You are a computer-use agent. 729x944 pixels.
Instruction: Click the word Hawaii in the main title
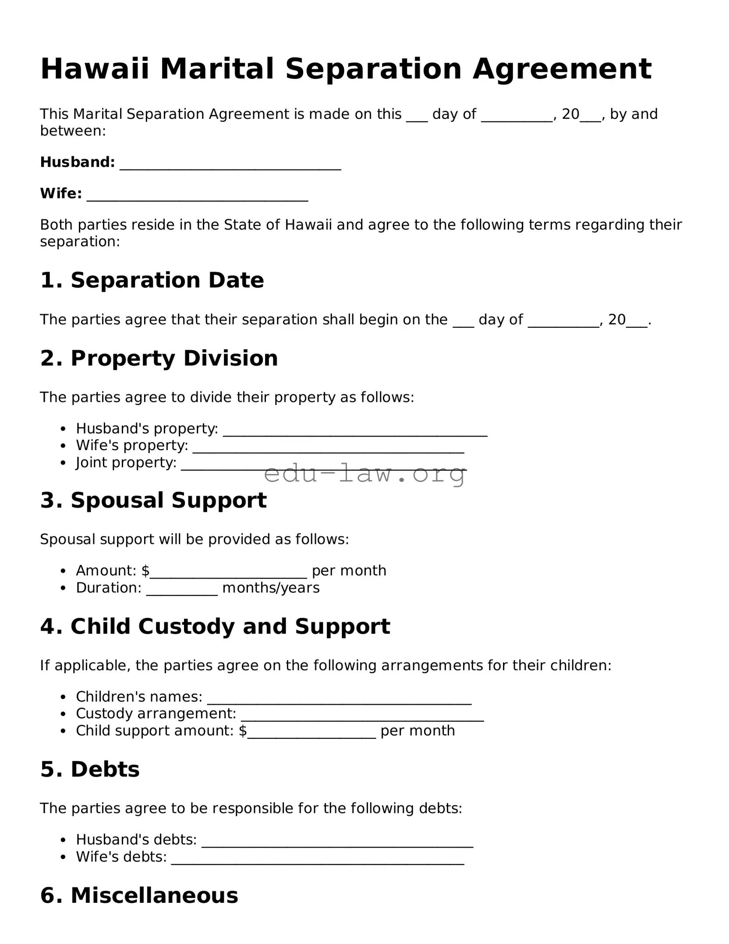click(x=95, y=69)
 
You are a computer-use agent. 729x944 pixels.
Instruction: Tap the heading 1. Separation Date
click(x=152, y=280)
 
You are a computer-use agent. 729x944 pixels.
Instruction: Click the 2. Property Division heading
click(x=159, y=358)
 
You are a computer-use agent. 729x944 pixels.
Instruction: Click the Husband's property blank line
click(x=355, y=430)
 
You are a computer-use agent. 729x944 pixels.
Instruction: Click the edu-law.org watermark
click(x=364, y=474)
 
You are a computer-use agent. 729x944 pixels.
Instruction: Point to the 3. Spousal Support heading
click(x=153, y=500)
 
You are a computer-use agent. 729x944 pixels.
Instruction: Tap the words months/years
click(x=271, y=588)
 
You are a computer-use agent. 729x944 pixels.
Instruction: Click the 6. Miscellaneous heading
click(x=139, y=895)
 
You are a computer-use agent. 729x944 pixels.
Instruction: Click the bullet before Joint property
click(x=64, y=463)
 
